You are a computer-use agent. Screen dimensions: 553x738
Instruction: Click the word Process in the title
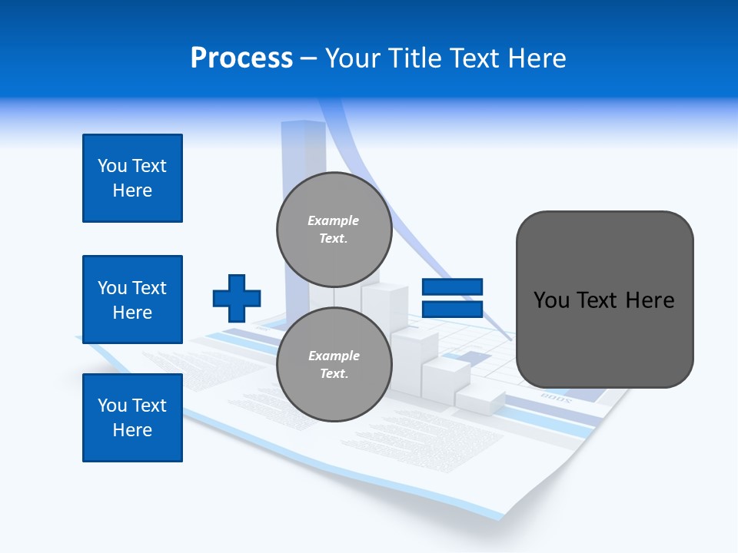(x=241, y=58)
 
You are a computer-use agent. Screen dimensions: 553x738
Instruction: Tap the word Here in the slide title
(x=537, y=58)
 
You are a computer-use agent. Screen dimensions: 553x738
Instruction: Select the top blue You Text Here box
(x=132, y=178)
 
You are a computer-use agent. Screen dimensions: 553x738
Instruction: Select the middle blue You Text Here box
(x=132, y=300)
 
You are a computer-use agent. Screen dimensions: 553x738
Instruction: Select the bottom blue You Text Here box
(x=132, y=418)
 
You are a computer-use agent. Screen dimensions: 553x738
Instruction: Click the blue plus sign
(x=237, y=298)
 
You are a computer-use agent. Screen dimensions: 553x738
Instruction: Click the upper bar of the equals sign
(x=452, y=287)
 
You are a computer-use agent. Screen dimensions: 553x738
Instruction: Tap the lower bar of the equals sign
(x=452, y=309)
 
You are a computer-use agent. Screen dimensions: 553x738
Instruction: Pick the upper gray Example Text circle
(x=334, y=229)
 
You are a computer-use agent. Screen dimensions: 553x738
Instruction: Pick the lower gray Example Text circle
(x=334, y=364)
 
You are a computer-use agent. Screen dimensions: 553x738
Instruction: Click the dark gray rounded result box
(x=604, y=338)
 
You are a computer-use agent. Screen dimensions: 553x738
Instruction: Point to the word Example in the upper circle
(x=333, y=220)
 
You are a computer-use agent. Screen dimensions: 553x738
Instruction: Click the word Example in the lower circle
(x=334, y=356)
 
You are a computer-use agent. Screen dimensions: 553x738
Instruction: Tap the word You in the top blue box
(x=111, y=166)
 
